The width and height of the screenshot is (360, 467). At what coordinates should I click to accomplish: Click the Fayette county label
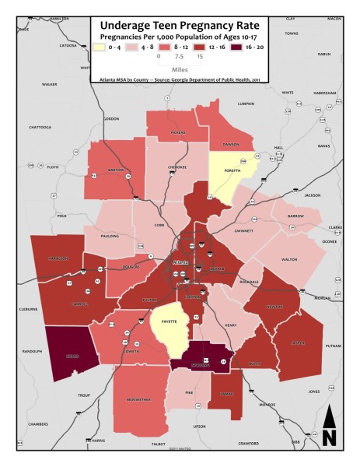(x=170, y=321)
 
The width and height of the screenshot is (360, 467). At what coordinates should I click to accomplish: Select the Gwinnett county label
(x=244, y=230)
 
